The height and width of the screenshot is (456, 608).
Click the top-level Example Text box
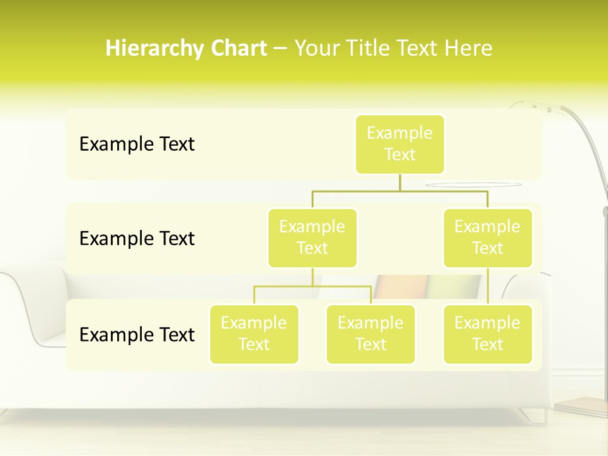[400, 144]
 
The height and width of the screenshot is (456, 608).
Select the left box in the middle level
[312, 237]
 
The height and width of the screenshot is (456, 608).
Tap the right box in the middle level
[488, 237]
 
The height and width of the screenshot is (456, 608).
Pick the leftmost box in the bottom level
[254, 334]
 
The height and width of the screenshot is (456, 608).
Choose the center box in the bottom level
[370, 334]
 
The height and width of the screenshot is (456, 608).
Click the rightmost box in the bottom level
[488, 334]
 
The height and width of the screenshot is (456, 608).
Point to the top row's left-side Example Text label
[137, 144]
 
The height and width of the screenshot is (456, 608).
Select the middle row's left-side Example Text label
[137, 239]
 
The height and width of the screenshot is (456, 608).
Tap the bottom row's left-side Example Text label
[137, 334]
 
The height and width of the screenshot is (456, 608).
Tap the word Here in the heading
[469, 48]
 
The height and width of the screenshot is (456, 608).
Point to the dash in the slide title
[280, 49]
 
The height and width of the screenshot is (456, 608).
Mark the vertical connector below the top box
[400, 182]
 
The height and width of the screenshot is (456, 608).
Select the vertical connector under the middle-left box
[312, 277]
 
